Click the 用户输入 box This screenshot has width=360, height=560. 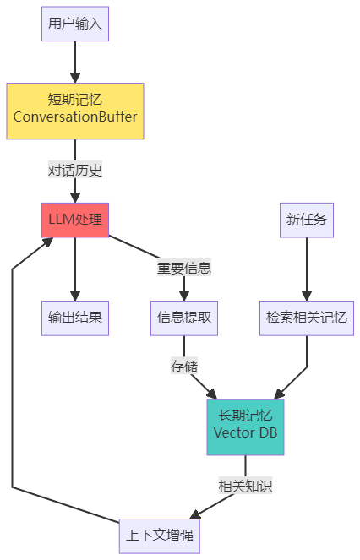[75, 24]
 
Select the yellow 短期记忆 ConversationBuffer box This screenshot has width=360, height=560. [75, 110]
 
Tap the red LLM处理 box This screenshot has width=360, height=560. [75, 220]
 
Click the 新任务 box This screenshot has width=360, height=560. [306, 220]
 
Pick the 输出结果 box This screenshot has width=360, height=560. [75, 318]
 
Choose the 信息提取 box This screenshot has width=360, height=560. [184, 318]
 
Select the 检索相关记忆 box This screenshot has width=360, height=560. [306, 318]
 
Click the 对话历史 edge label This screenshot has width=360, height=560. [75, 170]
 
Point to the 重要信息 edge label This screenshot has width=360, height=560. [184, 268]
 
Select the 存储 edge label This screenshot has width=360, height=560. [184, 367]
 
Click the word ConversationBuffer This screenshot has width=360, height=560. [75, 118]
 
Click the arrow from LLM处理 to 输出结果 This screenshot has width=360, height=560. [75, 269]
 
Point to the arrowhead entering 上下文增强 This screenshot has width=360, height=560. [194, 514]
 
